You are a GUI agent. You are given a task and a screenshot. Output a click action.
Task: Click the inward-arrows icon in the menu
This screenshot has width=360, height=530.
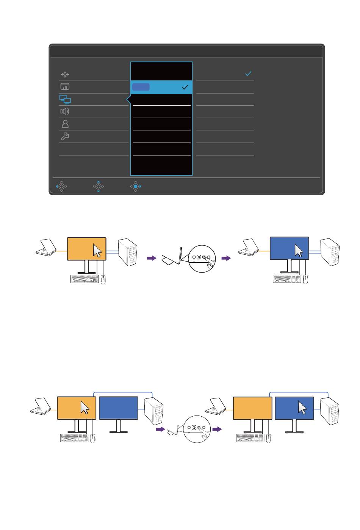(x=65, y=74)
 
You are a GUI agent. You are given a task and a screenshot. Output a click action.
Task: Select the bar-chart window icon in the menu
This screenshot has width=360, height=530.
(x=65, y=87)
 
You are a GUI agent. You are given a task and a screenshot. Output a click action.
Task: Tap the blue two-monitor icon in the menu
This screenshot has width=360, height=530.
(x=65, y=99)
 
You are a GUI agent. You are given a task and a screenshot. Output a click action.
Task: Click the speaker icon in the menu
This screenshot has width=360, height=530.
(x=65, y=111)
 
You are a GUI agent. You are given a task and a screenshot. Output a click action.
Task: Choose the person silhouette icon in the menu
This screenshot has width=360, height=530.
(x=65, y=124)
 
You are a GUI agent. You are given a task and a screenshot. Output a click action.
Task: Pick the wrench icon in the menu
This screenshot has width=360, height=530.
(x=65, y=136)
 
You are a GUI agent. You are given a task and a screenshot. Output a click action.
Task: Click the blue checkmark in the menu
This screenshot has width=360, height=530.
(x=248, y=74)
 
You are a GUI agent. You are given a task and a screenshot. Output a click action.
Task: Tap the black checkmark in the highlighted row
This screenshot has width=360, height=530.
(x=185, y=87)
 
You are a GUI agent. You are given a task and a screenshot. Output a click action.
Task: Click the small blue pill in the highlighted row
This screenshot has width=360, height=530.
(x=141, y=87)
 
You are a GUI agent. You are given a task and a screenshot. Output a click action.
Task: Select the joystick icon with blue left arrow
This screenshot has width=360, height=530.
(x=61, y=187)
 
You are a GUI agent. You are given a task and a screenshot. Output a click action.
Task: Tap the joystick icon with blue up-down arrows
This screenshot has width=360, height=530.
(x=99, y=187)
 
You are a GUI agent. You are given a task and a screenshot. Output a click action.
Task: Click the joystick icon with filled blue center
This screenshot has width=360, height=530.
(x=136, y=187)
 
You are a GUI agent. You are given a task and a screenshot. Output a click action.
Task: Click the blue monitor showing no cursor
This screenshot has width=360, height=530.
(x=118, y=408)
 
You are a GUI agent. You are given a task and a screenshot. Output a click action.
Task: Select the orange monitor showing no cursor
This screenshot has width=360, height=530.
(x=252, y=408)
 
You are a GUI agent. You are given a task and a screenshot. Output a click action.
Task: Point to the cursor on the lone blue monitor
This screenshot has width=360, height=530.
(x=299, y=251)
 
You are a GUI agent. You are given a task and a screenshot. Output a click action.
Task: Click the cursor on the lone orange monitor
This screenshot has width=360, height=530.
(x=97, y=251)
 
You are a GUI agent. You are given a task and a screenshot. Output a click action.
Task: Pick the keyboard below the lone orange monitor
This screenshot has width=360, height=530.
(x=85, y=279)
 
